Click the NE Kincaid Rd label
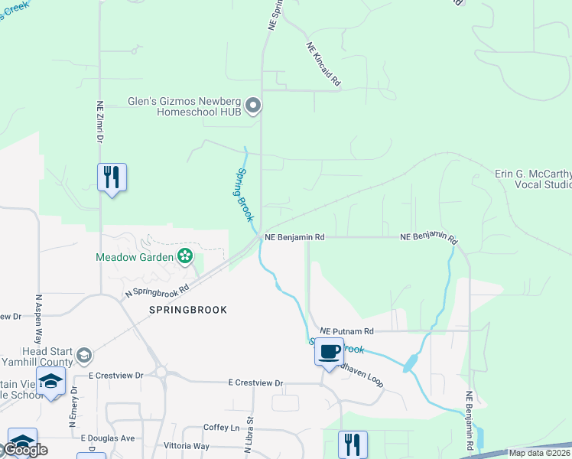324,63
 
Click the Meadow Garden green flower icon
184,256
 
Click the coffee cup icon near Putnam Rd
329,352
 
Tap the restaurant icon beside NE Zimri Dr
112,177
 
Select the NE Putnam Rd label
346,331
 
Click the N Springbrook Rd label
157,291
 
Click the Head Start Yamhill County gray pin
84,356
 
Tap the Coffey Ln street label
222,428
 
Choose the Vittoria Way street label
187,445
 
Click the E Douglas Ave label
108,438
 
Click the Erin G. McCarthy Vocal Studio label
533,179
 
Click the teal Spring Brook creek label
244,194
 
